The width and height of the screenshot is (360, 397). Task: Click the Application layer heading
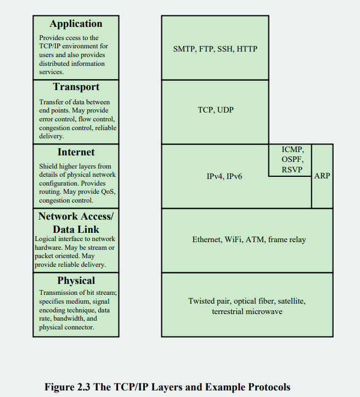[76, 24]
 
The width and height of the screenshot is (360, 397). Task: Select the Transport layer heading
[76, 87]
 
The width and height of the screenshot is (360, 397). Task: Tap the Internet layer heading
[76, 152]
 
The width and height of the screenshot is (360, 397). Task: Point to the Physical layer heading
[76, 281]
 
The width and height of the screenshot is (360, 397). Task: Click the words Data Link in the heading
[76, 230]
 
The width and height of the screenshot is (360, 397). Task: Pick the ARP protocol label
[322, 176]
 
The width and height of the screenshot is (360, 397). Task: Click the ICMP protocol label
[292, 149]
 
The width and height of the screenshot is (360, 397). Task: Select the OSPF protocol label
[292, 159]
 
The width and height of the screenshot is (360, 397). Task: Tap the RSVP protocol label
[292, 169]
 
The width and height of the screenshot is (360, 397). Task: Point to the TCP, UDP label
[215, 110]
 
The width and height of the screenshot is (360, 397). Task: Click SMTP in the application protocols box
[184, 49]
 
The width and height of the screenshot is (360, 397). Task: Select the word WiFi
[234, 240]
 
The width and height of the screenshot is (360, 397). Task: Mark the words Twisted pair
[206, 301]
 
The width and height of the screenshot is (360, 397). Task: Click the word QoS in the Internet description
[108, 192]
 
